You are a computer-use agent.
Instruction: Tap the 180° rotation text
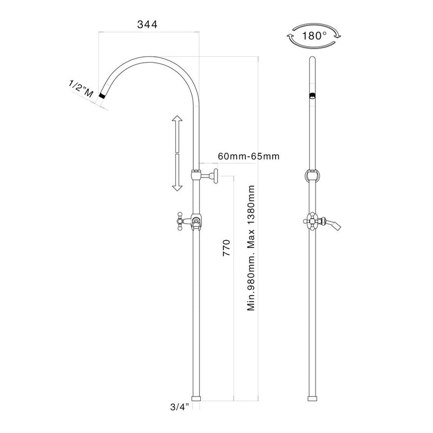tap(316, 37)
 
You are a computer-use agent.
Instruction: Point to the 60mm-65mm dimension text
tap(248, 156)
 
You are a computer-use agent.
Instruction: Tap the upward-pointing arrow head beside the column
tap(176, 121)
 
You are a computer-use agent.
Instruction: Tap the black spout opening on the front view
tap(312, 96)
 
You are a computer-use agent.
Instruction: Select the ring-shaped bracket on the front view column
tap(312, 175)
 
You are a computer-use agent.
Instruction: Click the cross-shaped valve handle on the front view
tap(312, 221)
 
